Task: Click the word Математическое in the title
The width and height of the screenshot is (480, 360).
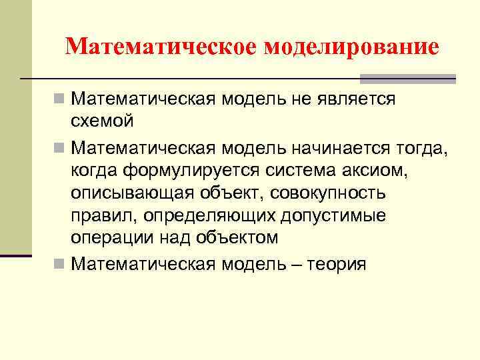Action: tap(162, 47)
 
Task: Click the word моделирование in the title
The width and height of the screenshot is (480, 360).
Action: tap(352, 47)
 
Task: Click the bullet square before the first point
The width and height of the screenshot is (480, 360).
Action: tap(59, 99)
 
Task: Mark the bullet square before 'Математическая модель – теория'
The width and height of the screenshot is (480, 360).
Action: tap(59, 264)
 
